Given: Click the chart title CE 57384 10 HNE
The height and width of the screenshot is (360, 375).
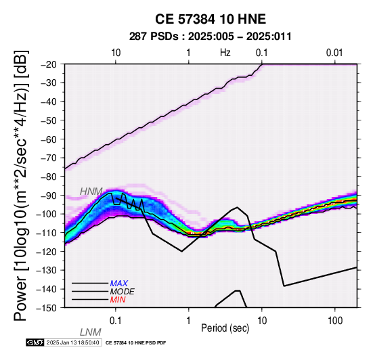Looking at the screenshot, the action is (x=211, y=19).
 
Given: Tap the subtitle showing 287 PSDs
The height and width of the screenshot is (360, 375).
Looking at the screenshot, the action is (x=211, y=37).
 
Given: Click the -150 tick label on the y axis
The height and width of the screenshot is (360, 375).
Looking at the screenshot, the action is (x=49, y=308).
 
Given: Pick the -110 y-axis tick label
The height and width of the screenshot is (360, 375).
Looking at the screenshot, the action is (x=49, y=233).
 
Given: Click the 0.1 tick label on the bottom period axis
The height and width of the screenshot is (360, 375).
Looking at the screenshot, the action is (x=116, y=321).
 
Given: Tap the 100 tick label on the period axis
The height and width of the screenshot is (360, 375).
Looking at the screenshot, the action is (x=335, y=321).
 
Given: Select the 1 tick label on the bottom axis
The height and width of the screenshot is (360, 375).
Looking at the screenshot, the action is (x=189, y=321).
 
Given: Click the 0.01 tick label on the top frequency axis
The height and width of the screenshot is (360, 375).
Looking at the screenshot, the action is (x=334, y=53).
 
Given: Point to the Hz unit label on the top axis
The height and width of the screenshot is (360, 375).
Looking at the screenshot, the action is (x=225, y=53).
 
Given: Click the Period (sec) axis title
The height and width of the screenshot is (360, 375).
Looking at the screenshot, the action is (x=225, y=328).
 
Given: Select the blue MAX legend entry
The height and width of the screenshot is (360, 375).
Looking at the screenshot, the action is (x=119, y=284).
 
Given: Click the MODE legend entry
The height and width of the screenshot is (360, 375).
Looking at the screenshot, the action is (x=123, y=292).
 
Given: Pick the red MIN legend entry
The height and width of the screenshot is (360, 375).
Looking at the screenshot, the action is (x=118, y=300).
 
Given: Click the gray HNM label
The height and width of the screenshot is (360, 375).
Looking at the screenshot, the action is (x=91, y=192).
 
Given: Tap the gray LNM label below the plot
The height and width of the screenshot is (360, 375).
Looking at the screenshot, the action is (x=91, y=332).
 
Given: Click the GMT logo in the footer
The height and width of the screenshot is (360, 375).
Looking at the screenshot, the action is (x=35, y=342).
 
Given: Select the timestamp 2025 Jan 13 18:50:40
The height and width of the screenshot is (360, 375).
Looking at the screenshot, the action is (x=72, y=342).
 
